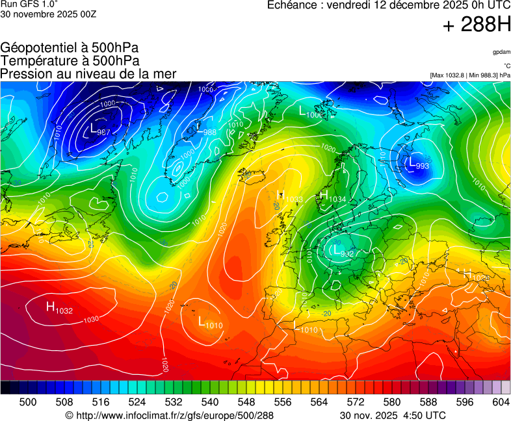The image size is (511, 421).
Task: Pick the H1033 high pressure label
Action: (289, 196)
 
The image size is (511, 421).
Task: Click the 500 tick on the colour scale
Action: (28, 402)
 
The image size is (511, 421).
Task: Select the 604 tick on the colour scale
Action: (501, 402)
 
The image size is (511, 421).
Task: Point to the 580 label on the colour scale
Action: (392, 402)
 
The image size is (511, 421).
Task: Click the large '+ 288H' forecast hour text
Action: (477, 25)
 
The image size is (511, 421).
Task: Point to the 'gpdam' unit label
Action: (501, 51)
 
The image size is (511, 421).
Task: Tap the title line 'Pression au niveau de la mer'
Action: (88, 74)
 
